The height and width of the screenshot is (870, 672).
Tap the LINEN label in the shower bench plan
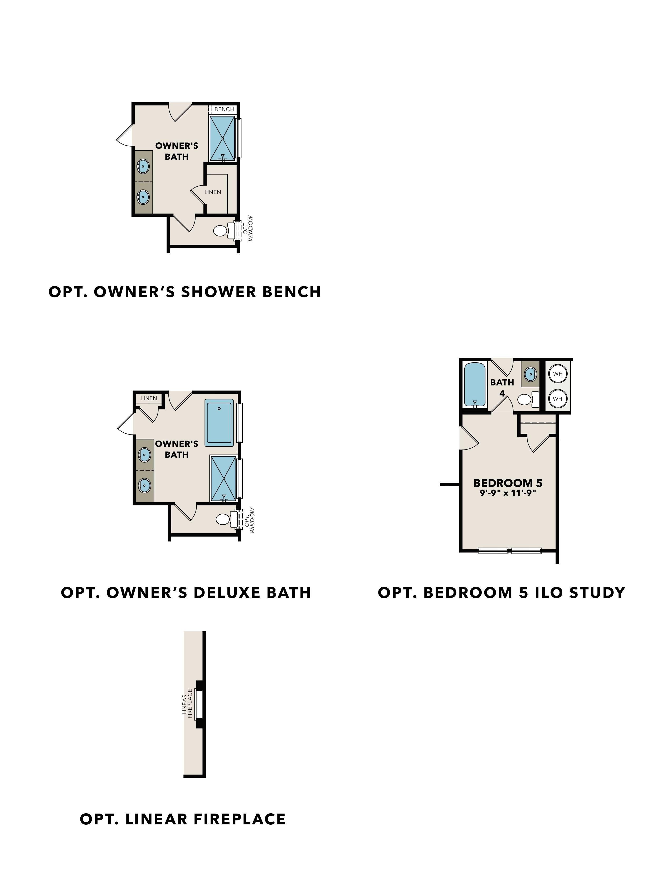coord(213,192)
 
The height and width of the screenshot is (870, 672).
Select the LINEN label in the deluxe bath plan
coord(148,398)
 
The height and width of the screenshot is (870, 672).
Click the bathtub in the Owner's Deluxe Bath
coord(219,423)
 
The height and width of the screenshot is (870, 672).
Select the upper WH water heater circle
coord(557,374)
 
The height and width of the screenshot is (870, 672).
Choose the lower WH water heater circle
coord(557,398)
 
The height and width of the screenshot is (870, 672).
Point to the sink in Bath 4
coord(530,374)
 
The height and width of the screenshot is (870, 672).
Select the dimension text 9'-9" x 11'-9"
coord(508,493)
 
